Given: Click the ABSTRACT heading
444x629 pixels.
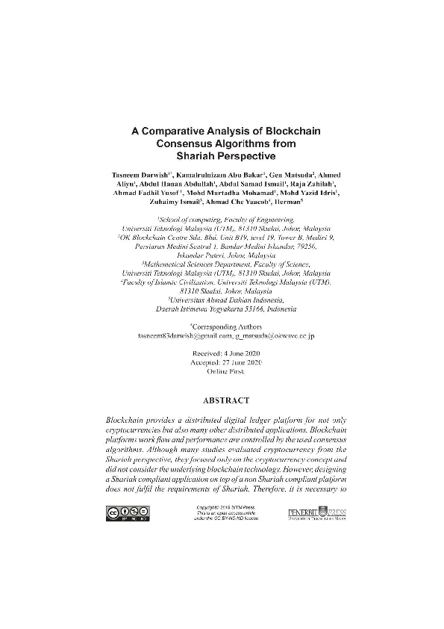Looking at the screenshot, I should click(x=222, y=401).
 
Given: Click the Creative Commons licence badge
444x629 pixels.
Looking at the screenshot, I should click(x=127, y=512).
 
